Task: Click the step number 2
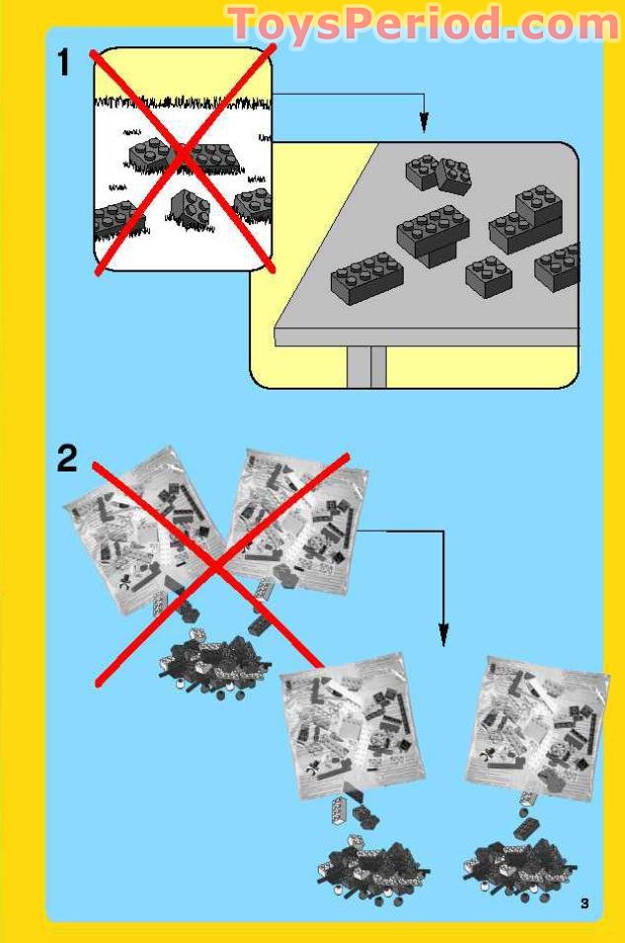pyautogui.click(x=66, y=459)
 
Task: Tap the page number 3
pyautogui.click(x=585, y=903)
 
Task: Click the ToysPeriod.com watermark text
pyautogui.click(x=423, y=24)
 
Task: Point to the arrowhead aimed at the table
pyautogui.click(x=424, y=124)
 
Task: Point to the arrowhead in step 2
pyautogui.click(x=443, y=630)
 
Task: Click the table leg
pyautogui.click(x=366, y=366)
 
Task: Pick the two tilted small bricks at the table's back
pyautogui.click(x=438, y=174)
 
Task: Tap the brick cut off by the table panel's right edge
pyautogui.click(x=558, y=266)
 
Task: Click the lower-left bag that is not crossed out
pyautogui.click(x=347, y=725)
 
